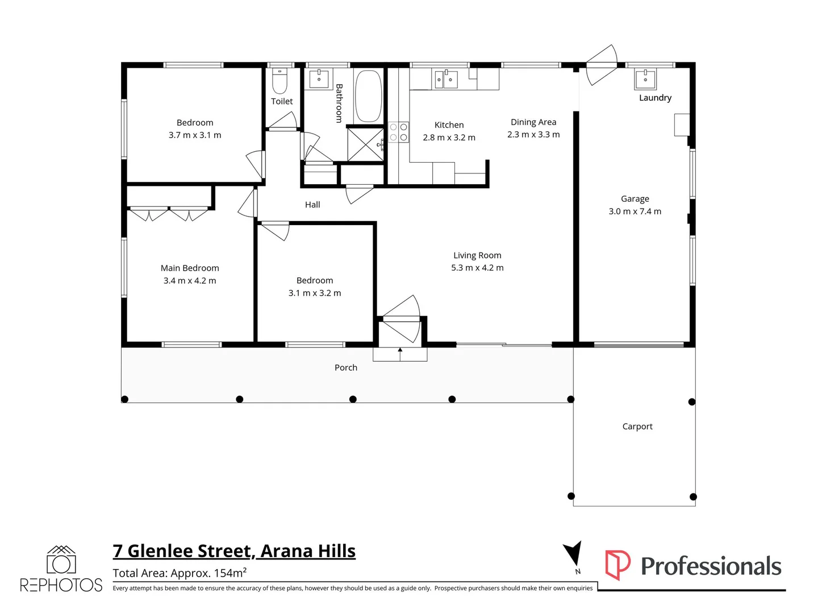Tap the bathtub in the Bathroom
point(368,96)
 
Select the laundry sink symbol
point(645,80)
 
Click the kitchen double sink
point(446,80)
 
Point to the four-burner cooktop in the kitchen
point(399,132)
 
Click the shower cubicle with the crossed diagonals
point(365,145)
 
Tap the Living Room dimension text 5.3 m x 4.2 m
point(477,268)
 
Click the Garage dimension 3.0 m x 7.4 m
point(635,211)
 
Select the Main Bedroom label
point(190,268)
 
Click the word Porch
point(346,368)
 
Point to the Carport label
point(637,426)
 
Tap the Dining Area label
point(533,122)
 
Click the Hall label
point(312,205)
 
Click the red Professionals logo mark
point(617,565)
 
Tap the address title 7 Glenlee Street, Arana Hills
point(234,551)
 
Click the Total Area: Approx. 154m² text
point(180,573)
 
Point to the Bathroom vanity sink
point(319,79)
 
